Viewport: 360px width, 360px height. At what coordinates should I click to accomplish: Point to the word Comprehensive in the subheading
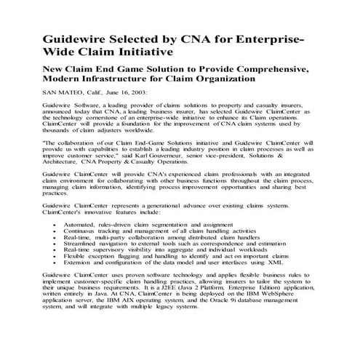click(x=268, y=67)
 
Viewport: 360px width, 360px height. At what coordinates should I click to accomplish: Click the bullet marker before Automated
click(x=57, y=226)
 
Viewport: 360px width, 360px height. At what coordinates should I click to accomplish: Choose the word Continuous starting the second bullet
click(x=84, y=233)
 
